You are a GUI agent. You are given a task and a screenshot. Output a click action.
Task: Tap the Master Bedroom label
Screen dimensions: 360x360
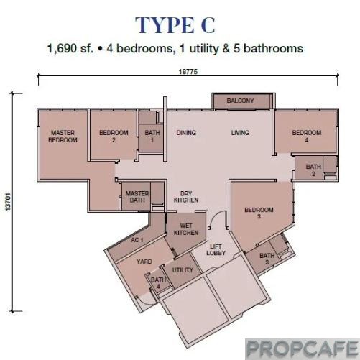tap(63, 136)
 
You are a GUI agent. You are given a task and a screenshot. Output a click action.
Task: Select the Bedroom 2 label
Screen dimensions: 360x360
tap(114, 136)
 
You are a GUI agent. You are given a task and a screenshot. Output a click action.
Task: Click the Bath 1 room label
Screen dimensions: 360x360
tap(152, 136)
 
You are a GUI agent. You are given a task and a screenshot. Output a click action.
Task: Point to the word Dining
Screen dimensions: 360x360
tap(186, 133)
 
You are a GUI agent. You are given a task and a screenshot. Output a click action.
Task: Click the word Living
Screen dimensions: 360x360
tap(239, 133)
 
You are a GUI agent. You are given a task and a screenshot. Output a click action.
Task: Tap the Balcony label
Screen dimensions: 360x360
tap(240, 101)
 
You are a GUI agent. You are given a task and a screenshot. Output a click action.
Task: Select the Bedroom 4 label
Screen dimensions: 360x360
tap(306, 136)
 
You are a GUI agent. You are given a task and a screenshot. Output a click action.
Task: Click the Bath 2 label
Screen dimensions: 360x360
tap(313, 170)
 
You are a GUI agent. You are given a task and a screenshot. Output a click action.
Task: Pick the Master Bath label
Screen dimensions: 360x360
tap(136, 197)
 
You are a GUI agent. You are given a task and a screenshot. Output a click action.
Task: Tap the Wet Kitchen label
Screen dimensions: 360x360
tap(186, 229)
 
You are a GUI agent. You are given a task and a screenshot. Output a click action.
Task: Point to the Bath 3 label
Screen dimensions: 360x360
tap(267, 259)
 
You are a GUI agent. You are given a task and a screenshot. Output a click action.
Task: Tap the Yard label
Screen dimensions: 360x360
tap(144, 262)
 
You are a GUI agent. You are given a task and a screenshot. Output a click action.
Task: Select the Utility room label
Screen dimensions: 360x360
tap(183, 269)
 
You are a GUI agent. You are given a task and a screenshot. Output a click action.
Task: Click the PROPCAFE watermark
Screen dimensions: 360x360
tap(301, 348)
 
